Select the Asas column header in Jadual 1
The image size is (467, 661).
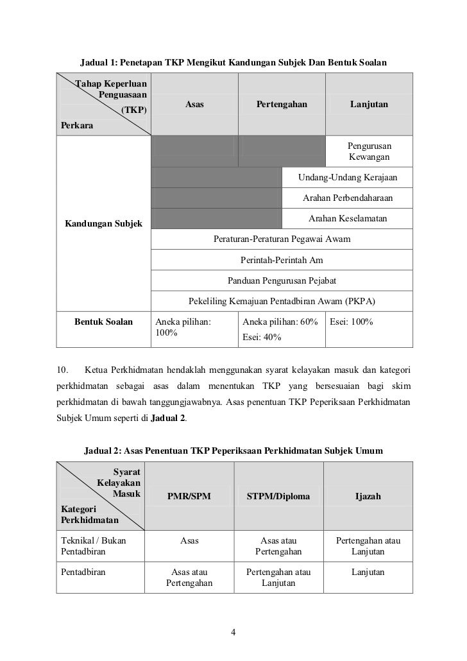pyautogui.click(x=194, y=104)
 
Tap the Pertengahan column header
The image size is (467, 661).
pyautogui.click(x=282, y=104)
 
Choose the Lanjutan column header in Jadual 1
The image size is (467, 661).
pyautogui.click(x=369, y=104)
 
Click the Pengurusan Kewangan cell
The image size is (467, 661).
pyautogui.click(x=369, y=151)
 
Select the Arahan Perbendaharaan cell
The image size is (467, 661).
pyautogui.click(x=348, y=198)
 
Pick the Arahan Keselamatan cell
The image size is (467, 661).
pyautogui.click(x=348, y=219)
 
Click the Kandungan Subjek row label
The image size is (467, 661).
pyautogui.click(x=103, y=223)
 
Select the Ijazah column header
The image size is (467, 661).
pyautogui.click(x=368, y=496)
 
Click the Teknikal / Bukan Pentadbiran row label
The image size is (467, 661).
pyautogui.click(x=93, y=546)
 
